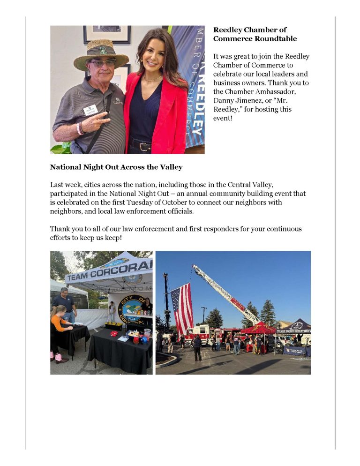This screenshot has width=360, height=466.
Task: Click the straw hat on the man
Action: tap(100, 54)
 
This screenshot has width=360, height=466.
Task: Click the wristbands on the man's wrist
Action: tap(80, 128)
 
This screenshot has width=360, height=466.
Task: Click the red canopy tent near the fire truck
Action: tap(258, 329)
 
